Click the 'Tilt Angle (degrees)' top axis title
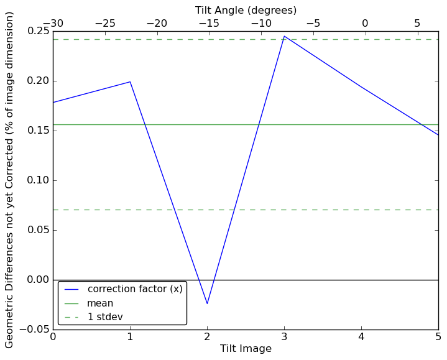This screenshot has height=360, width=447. coord(246,10)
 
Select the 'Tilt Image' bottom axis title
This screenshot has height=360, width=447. coord(246,349)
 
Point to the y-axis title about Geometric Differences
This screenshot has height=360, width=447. coord(10,180)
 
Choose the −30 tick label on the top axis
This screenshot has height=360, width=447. coord(53,24)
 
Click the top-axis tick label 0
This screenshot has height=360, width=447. coord(365,24)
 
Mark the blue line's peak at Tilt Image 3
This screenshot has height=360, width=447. coord(284,36)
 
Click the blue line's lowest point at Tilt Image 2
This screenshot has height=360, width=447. coord(207,303)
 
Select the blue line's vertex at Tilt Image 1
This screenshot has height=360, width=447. coord(130,81)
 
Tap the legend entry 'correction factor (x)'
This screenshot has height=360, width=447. coord(135,289)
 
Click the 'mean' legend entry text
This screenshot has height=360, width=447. coord(100,303)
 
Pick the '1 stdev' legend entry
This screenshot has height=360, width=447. coord(105,317)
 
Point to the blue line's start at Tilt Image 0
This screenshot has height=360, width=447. coord(53,103)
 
